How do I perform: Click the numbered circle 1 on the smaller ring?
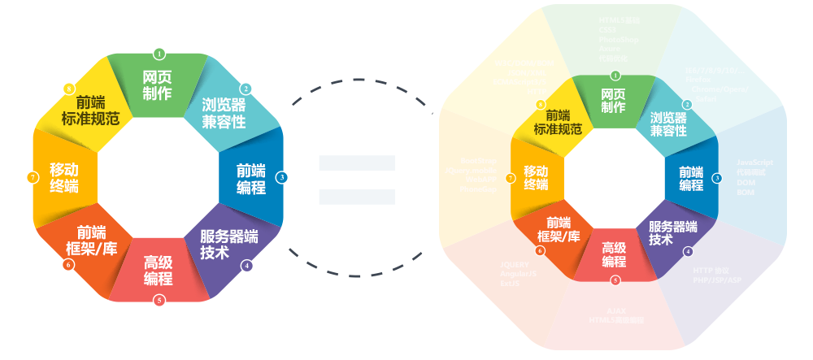[159, 54]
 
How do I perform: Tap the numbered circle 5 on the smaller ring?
[159, 301]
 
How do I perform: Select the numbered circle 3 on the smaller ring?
[281, 177]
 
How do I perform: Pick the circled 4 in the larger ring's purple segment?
[689, 251]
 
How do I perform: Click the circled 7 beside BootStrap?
[510, 177]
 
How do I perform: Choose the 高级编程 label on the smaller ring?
[159, 271]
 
